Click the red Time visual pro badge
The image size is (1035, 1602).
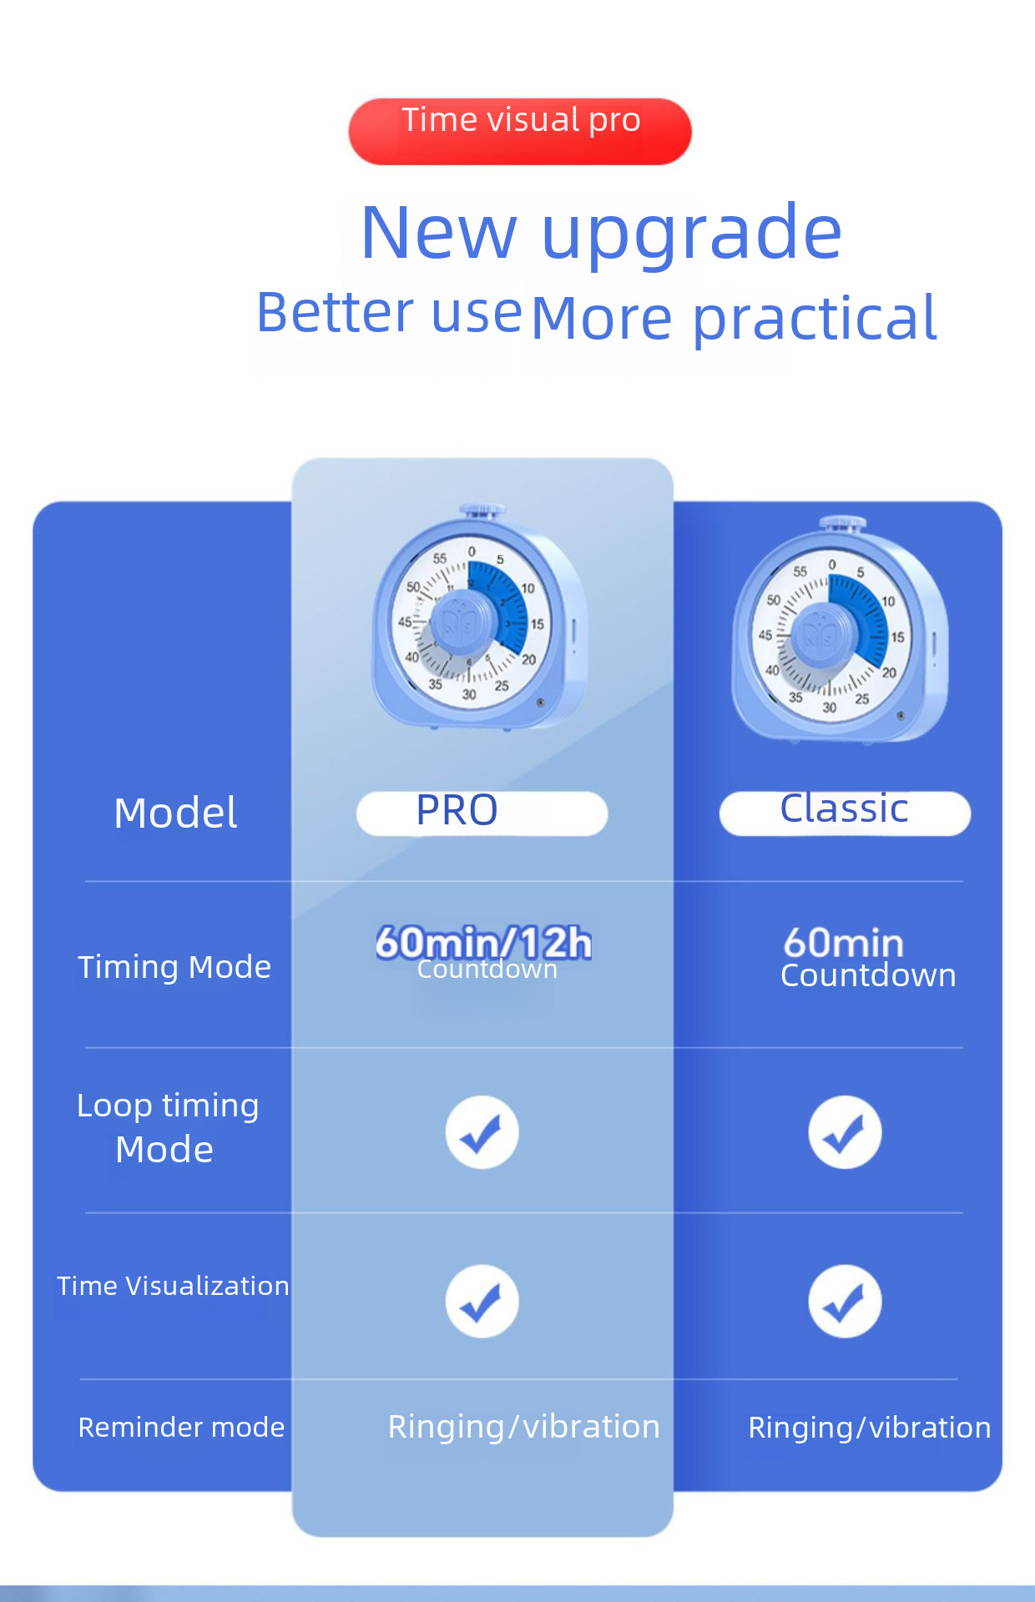click(x=520, y=131)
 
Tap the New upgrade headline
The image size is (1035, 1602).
click(x=601, y=234)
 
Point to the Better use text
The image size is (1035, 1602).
click(x=389, y=312)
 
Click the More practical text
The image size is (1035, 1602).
click(x=734, y=319)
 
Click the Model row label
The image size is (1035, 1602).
click(x=175, y=813)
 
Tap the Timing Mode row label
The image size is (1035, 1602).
click(x=174, y=967)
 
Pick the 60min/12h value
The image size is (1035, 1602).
click(x=483, y=943)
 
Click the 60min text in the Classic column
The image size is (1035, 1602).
click(x=844, y=943)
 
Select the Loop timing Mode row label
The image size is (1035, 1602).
click(x=167, y=1127)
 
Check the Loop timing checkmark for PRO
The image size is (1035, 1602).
click(x=482, y=1132)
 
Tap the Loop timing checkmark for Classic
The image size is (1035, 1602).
click(x=845, y=1132)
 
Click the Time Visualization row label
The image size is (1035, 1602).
click(x=173, y=1286)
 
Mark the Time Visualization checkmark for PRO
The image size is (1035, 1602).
click(x=482, y=1302)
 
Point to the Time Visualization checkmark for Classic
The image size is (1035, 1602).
click(x=845, y=1302)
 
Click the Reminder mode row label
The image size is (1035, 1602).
click(x=181, y=1427)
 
